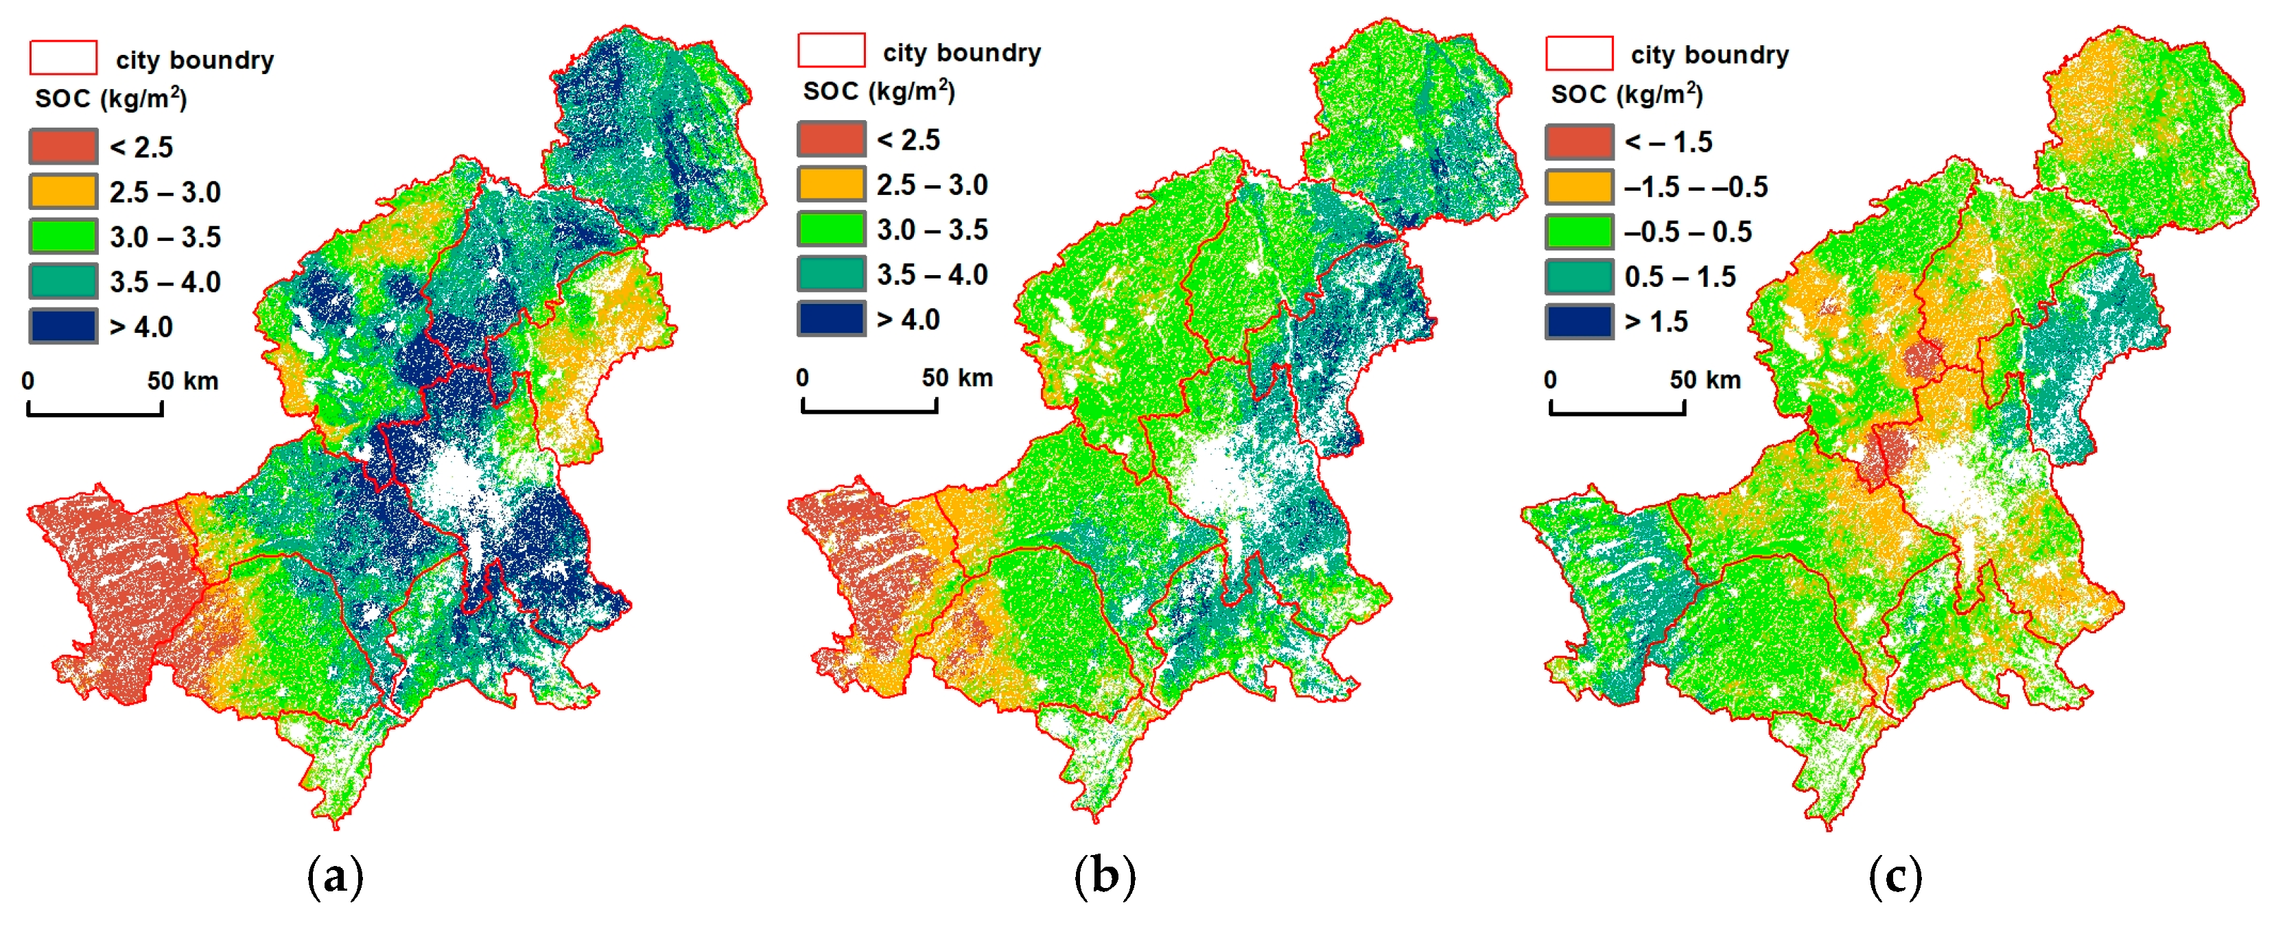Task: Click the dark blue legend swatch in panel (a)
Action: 63,326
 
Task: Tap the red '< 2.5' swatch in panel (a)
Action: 63,146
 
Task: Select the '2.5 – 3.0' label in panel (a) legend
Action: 165,191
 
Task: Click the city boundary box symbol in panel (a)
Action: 63,58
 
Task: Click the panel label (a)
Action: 335,877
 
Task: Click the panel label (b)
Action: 1105,877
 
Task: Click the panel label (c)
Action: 1895,877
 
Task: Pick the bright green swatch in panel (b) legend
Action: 831,229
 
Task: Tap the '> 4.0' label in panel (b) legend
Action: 908,320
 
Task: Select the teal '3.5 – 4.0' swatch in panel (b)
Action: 831,274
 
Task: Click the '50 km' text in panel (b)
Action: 957,378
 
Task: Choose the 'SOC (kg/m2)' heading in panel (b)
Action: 878,91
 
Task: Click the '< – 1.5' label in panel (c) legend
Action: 1668,142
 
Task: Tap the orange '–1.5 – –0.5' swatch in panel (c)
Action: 1580,187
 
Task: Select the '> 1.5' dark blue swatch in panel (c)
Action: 1580,321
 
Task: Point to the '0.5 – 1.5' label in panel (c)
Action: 1680,277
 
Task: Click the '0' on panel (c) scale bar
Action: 1550,380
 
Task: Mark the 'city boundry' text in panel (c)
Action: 1710,55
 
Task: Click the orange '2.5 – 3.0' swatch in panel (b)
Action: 831,185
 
